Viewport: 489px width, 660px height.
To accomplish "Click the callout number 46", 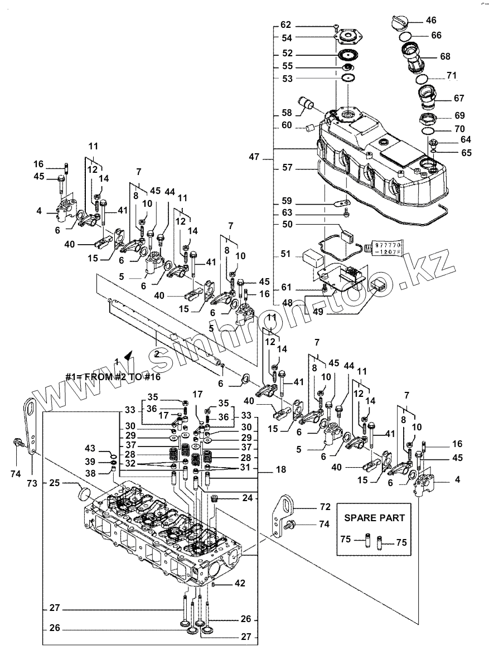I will (432, 21).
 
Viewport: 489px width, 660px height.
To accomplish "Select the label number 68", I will (445, 57).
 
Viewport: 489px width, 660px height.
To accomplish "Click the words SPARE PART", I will (374, 517).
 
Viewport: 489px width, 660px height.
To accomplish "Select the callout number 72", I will (325, 508).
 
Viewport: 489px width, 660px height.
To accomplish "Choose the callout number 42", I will (240, 584).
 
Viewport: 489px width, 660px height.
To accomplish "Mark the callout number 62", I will (285, 25).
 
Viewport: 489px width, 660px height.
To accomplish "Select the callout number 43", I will (90, 449).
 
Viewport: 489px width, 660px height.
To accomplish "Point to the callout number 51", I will (285, 254).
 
